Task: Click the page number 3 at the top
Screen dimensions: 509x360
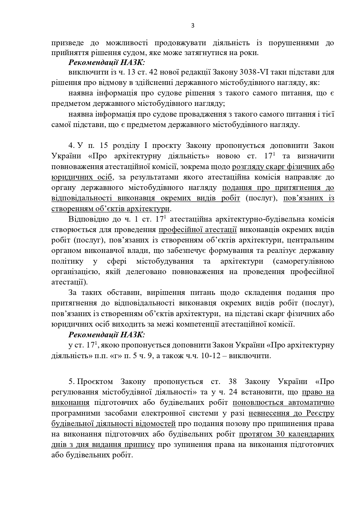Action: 193,26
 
